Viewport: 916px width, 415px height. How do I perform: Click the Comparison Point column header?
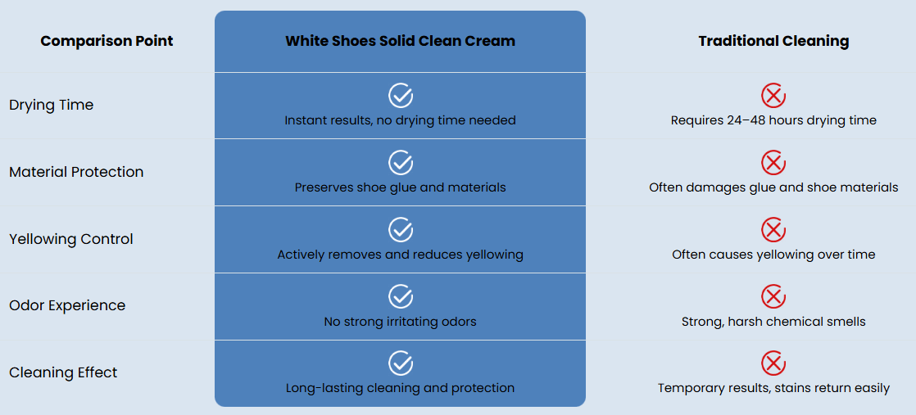107,41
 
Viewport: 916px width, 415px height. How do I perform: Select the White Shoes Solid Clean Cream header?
400,41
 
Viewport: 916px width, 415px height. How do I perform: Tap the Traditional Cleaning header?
773,41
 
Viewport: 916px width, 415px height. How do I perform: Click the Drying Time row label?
52,105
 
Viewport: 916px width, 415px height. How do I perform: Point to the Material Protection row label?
76,172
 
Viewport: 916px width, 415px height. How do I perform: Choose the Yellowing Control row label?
71,239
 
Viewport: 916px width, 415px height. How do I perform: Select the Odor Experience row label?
67,305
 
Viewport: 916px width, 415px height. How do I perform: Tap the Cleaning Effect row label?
63,372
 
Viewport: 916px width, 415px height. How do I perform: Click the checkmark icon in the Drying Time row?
401,95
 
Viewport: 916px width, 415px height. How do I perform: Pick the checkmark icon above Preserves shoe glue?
401,162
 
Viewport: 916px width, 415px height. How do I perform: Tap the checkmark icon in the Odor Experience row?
401,296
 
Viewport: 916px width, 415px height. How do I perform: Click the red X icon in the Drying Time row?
773,96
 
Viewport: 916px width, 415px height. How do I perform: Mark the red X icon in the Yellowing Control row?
773,229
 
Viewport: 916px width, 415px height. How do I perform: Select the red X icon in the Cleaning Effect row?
773,363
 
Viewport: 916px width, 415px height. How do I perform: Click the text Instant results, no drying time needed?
400,120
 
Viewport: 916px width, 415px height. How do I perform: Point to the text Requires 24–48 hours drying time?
773,120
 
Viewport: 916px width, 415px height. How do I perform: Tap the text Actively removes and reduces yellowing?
400,255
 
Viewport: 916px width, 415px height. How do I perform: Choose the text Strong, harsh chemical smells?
773,322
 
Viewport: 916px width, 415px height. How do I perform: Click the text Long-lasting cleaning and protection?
400,388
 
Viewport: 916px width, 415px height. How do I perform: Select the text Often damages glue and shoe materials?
773,187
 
